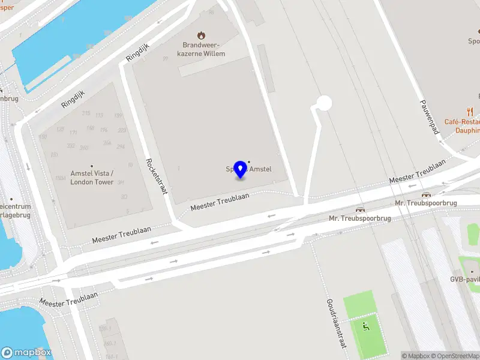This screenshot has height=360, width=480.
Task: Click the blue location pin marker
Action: click(241, 169)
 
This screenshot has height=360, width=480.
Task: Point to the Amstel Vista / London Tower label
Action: click(92, 178)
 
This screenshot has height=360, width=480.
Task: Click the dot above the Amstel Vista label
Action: click(92, 166)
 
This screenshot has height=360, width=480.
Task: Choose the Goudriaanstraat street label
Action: click(336, 323)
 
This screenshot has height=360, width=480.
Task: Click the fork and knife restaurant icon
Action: click(470, 112)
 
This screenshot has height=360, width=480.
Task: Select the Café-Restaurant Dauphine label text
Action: click(462, 125)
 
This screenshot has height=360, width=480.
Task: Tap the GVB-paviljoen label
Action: click(466, 279)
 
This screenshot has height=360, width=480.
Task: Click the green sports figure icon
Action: click(365, 326)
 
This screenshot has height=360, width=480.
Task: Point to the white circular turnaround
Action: click(324, 103)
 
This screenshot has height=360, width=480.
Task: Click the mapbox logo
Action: click(26, 353)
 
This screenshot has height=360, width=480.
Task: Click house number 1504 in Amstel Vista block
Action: click(60, 178)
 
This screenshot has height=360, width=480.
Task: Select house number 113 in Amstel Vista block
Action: click(100, 115)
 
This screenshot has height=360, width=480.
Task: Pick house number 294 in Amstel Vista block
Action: click(121, 147)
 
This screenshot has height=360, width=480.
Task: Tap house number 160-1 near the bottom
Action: click(108, 344)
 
